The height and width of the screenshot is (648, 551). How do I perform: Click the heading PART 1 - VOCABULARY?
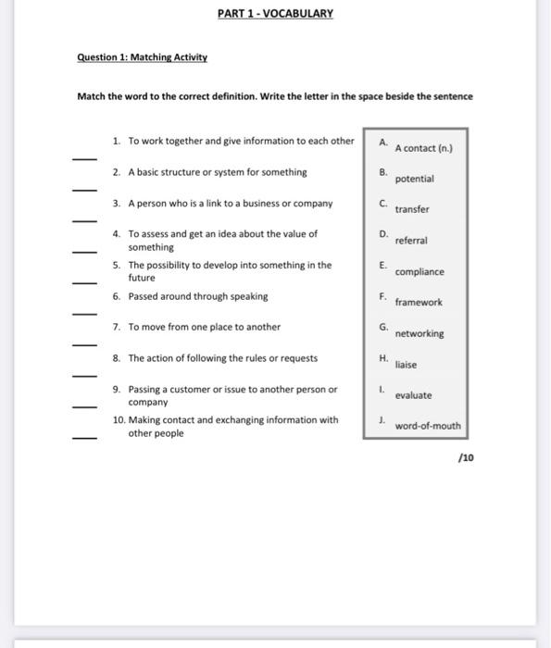(275, 14)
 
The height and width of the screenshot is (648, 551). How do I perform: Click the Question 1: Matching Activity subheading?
(142, 57)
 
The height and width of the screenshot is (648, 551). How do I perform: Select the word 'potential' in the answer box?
(414, 179)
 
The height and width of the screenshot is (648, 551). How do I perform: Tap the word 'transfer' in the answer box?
(412, 209)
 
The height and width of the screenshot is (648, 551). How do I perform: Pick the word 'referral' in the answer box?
(410, 241)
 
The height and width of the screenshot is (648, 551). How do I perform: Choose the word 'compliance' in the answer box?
(420, 272)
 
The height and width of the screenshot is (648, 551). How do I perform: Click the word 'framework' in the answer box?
(419, 303)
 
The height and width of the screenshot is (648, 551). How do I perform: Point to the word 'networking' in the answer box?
(420, 334)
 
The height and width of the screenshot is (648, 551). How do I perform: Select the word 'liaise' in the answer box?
(406, 365)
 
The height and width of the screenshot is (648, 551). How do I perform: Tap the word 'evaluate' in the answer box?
(413, 395)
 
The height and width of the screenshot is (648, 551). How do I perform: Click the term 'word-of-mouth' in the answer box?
(427, 427)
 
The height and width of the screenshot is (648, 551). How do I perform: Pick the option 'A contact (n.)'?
(423, 148)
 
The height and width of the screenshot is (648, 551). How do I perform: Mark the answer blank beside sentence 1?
(84, 158)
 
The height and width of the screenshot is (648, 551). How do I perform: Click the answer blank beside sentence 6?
(84, 314)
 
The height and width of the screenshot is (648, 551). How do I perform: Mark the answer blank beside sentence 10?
(84, 438)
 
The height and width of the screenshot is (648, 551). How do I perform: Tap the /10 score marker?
(466, 457)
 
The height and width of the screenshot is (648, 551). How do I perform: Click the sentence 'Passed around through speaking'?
(197, 296)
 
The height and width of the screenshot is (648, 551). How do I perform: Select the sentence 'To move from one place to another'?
(204, 327)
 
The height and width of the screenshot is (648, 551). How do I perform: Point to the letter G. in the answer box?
(382, 327)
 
